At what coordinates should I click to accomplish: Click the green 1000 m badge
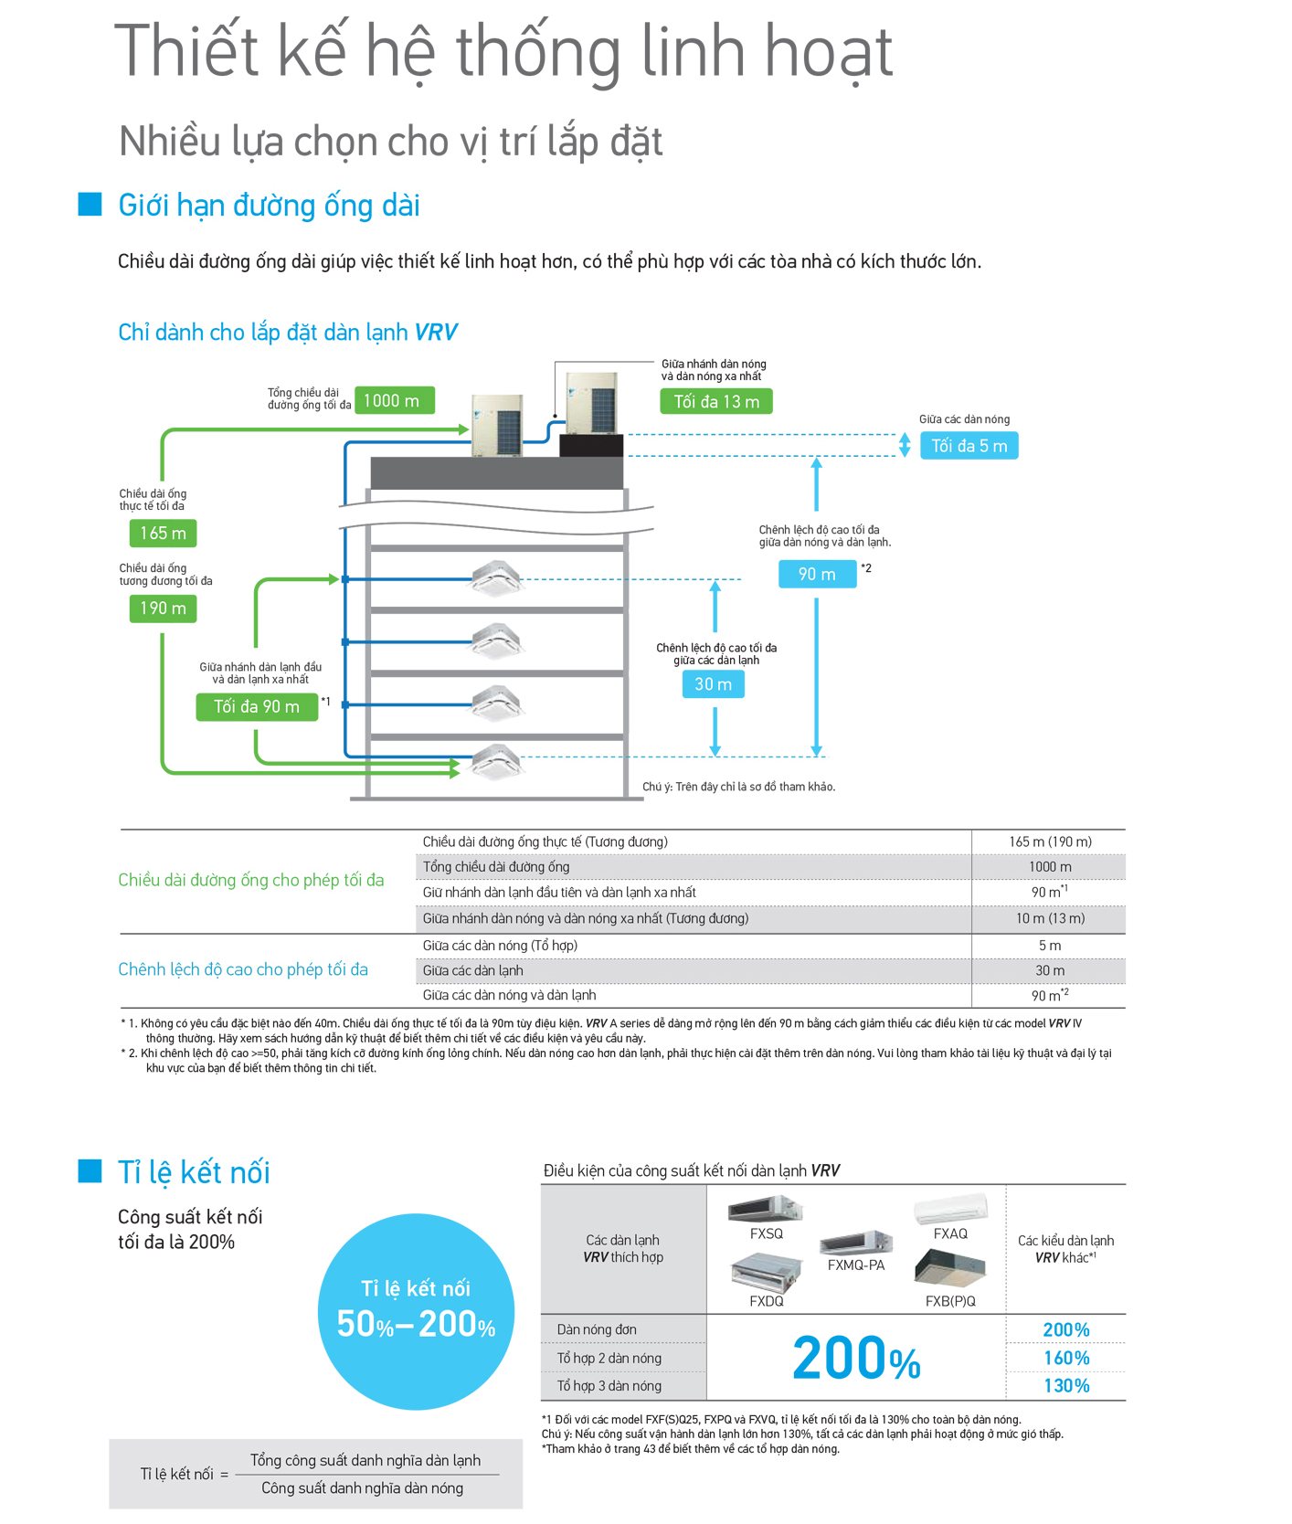coord(394,400)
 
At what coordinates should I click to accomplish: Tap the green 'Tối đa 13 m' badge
coord(716,401)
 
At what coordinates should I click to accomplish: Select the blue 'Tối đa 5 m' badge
coord(969,446)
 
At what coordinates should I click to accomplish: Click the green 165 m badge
coord(163,533)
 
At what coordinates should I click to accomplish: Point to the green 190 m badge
coord(163,609)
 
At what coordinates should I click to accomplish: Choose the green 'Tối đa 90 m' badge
coord(257,707)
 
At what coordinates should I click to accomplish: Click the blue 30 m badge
coord(714,684)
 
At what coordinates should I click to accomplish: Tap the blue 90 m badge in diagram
coord(818,574)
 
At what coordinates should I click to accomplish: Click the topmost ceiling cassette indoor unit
coord(497,577)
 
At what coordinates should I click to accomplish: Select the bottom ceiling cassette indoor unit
coord(497,762)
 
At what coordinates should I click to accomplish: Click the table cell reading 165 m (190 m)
coord(1050,841)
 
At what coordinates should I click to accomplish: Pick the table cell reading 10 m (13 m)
coord(1050,918)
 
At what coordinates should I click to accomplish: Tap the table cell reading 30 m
coord(1050,970)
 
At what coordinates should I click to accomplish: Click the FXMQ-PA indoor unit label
coord(856,1265)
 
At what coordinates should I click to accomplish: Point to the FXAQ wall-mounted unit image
coord(951,1208)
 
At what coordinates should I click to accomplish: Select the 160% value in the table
coord(1066,1358)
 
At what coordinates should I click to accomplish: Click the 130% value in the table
coord(1066,1386)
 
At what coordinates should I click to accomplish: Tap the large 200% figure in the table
coord(856,1358)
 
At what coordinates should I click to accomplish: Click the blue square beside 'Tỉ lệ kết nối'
coord(90,1170)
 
